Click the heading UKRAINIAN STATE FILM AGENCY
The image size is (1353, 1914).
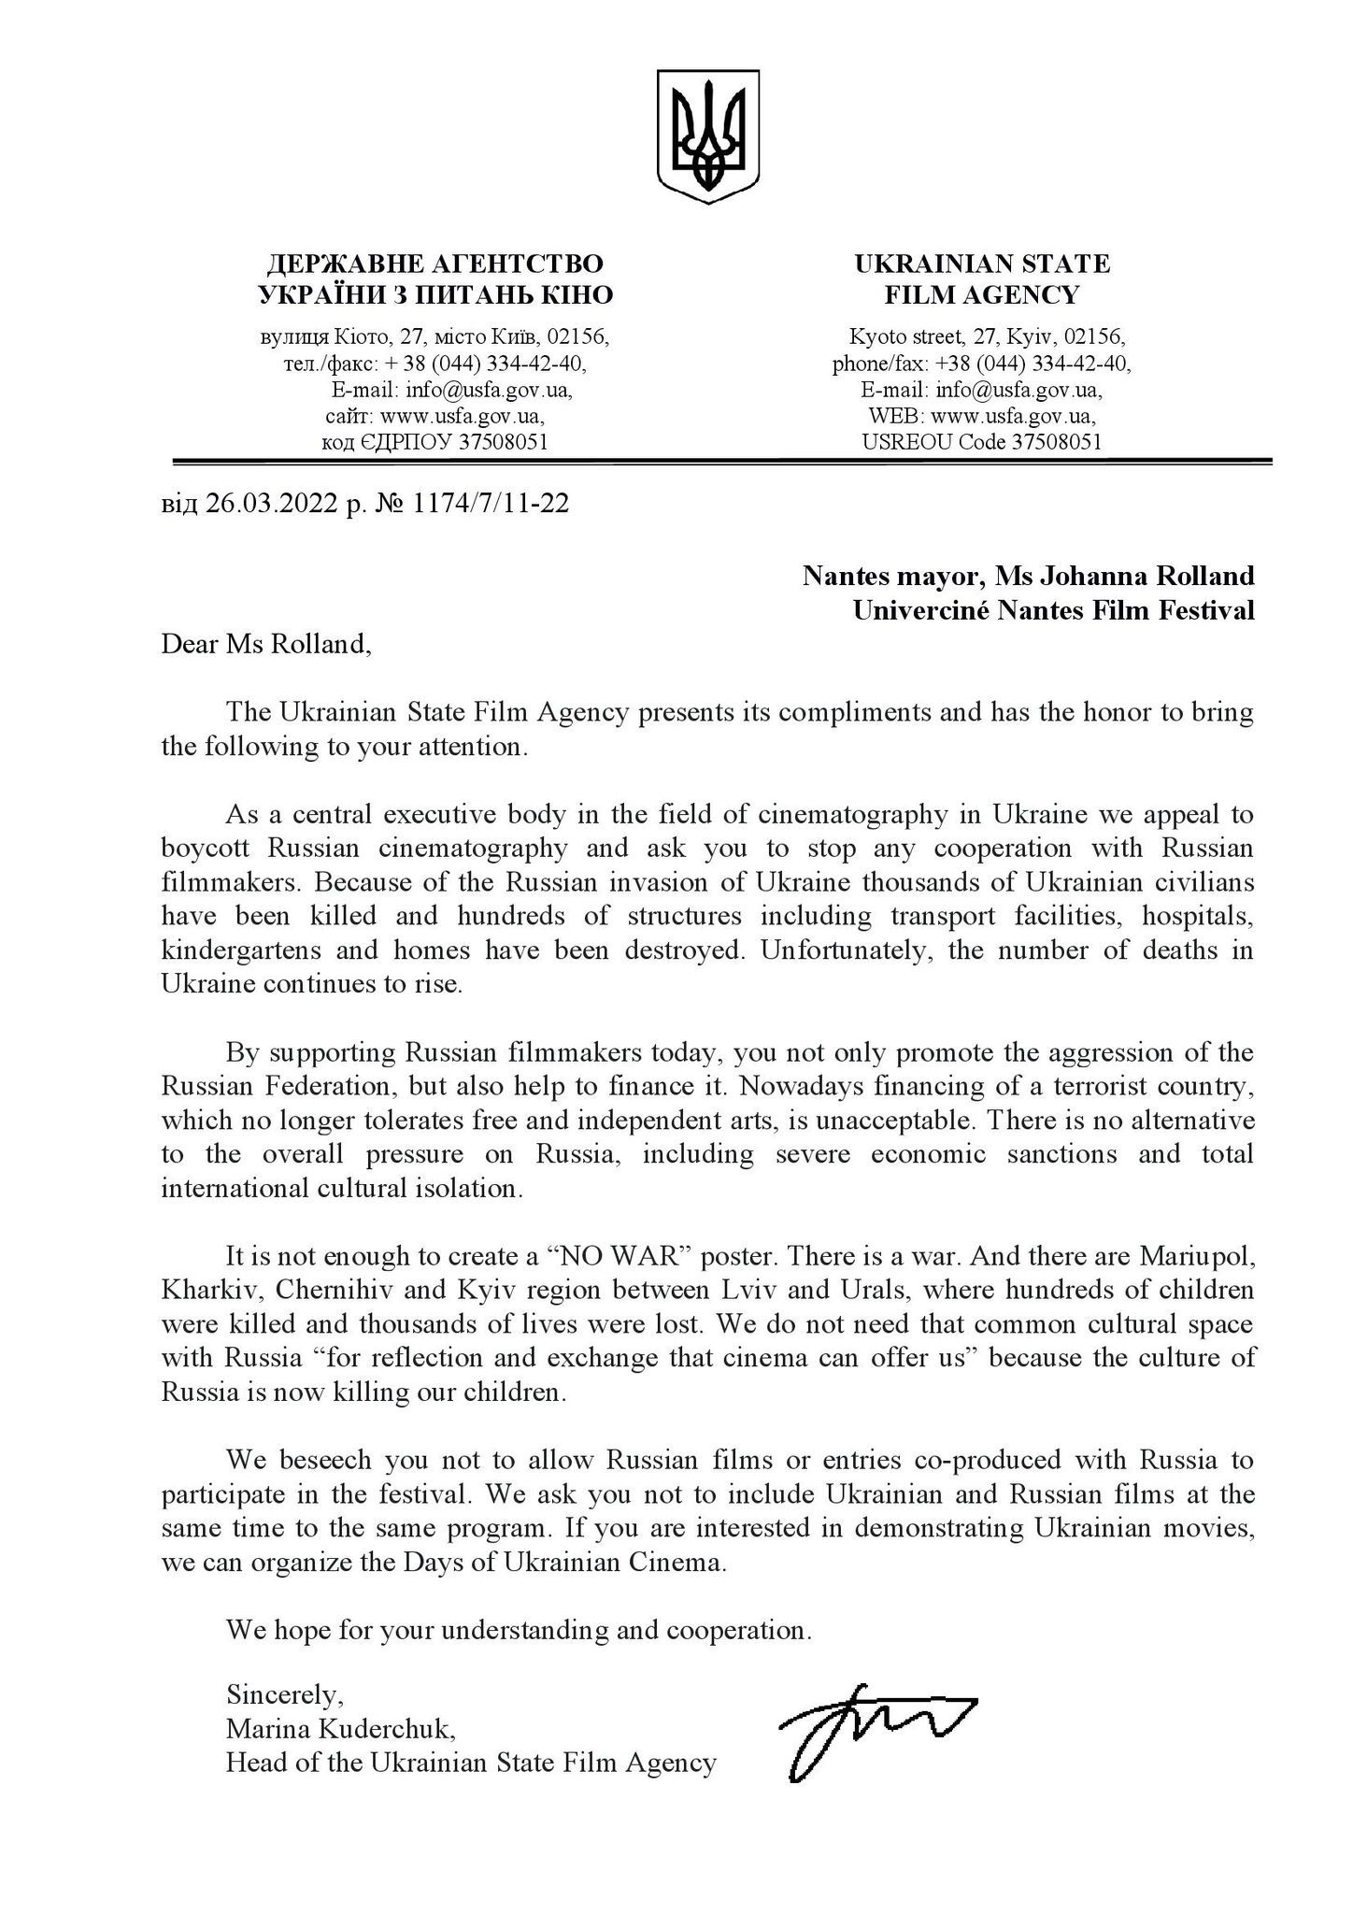982,279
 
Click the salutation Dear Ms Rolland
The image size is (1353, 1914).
265,644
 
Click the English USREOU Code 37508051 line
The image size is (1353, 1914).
981,442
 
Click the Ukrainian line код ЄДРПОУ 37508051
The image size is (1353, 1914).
434,442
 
